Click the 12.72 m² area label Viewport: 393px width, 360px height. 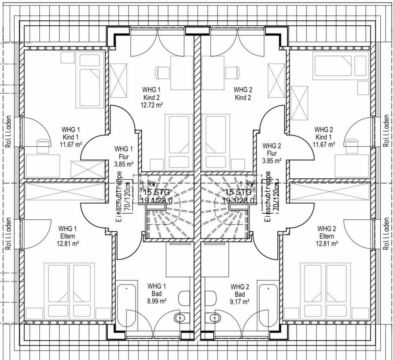click(151, 105)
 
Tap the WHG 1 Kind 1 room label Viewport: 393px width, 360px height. click(70, 137)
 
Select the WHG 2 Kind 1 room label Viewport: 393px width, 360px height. click(324, 137)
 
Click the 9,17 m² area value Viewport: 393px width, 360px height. click(240, 301)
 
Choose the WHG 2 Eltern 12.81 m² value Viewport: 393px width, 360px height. click(326, 243)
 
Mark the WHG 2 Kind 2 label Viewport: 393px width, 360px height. click(243, 94)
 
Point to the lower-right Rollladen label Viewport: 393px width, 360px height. click(386, 234)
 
